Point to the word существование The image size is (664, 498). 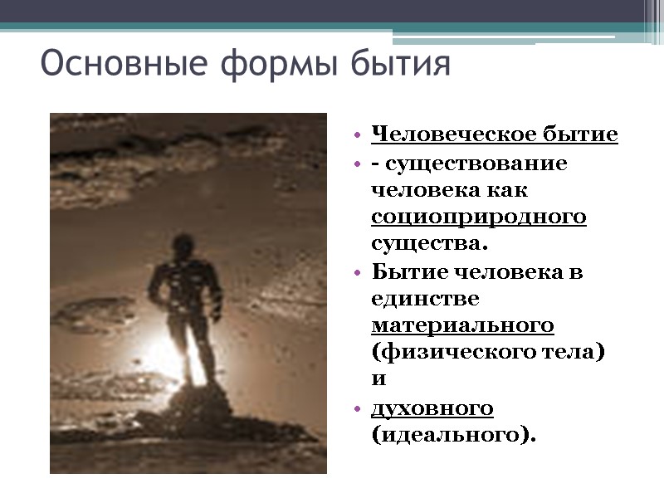point(476,163)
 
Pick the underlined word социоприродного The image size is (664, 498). point(479,217)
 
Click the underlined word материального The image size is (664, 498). point(463,325)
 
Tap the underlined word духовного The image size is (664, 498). point(432,408)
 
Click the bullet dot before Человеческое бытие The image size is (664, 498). point(356,135)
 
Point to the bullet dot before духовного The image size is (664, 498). point(356,408)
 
